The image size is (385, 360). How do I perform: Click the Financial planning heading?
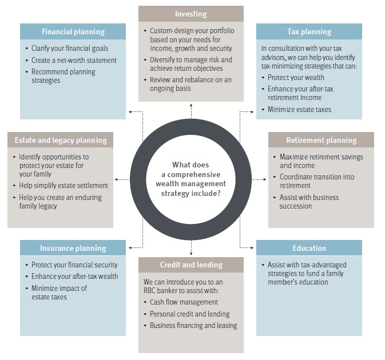pyautogui.click(x=73, y=32)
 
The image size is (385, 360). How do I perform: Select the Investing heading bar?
pyautogui.click(x=190, y=14)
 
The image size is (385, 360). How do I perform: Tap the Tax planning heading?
pyautogui.click(x=309, y=32)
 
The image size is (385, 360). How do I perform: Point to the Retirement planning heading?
pyautogui.click(x=321, y=140)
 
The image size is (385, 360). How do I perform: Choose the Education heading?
pyautogui.click(x=309, y=248)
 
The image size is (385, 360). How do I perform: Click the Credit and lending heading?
pyautogui.click(x=190, y=265)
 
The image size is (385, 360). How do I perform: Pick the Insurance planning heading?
pyautogui.click(x=73, y=248)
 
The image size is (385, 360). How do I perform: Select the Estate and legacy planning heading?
pyautogui.click(x=60, y=140)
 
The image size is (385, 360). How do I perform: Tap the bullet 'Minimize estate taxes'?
pyautogui.click(x=299, y=109)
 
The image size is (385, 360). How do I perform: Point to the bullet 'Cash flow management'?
pyautogui.click(x=184, y=302)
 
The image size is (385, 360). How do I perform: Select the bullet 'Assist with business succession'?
pyautogui.click(x=309, y=202)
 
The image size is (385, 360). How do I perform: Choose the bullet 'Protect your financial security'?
pyautogui.click(x=74, y=265)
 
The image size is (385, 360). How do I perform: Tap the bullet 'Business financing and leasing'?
pyautogui.click(x=193, y=325)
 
